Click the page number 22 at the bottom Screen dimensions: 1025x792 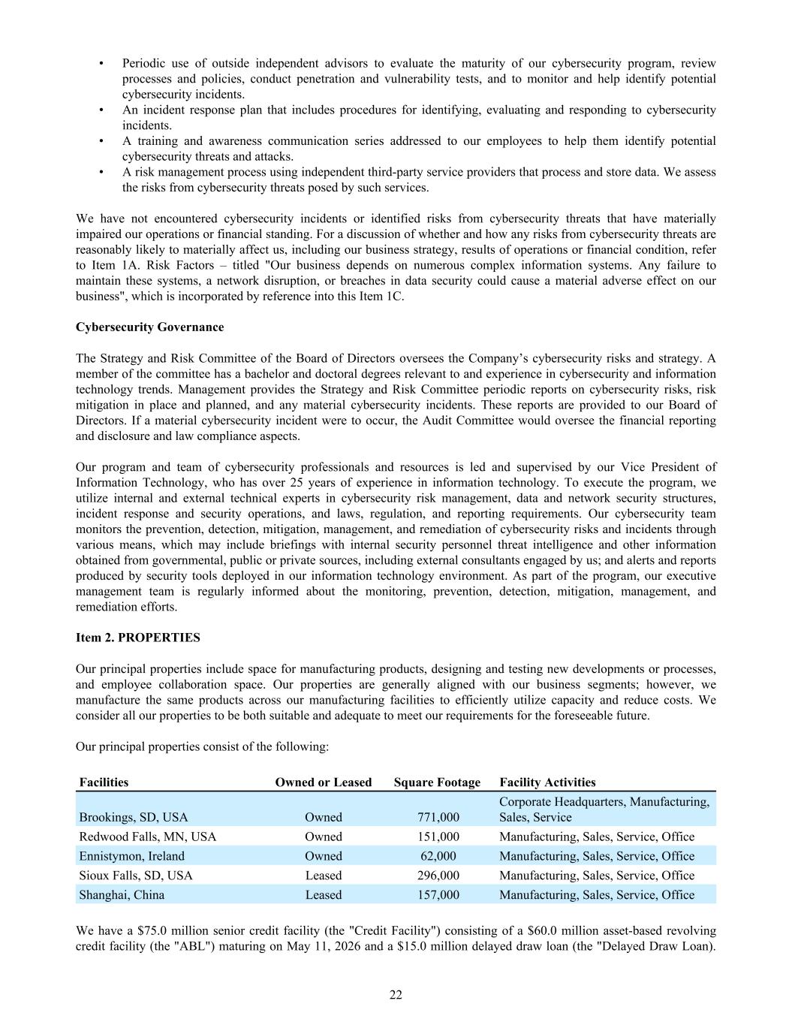click(x=396, y=995)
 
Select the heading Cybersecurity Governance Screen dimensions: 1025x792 click(x=149, y=327)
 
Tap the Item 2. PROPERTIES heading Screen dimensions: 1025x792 click(x=138, y=638)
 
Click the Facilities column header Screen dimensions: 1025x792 click(x=104, y=782)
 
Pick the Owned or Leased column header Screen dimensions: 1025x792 click(x=323, y=782)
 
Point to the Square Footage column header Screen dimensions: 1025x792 click(x=437, y=782)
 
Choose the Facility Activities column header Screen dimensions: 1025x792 click(x=547, y=782)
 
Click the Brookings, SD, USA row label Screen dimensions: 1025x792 click(x=134, y=817)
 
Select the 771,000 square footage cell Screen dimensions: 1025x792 click(x=438, y=817)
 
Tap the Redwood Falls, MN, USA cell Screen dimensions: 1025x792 click(x=147, y=837)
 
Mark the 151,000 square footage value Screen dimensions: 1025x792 click(x=438, y=837)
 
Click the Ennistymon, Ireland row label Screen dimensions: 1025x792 click(x=131, y=856)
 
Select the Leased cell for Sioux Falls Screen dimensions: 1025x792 click(x=323, y=876)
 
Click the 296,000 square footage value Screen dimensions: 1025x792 click(x=438, y=876)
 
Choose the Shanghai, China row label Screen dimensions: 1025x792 click(x=122, y=895)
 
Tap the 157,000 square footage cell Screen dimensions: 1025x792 click(x=438, y=895)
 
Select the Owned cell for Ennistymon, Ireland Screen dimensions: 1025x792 click(x=323, y=856)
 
